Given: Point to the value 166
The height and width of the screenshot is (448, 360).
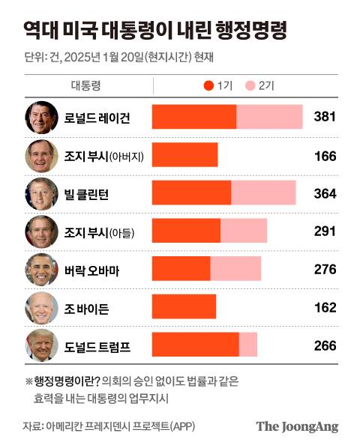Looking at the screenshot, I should point(324,156).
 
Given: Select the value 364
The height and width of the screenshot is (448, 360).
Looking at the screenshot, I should point(324,194).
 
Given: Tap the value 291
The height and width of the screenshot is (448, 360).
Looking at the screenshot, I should point(324,231).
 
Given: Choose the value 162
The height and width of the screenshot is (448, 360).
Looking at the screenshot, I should point(324,307).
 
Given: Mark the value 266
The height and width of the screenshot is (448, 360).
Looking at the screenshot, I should point(324,345).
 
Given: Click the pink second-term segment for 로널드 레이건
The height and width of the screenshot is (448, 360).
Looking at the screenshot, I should point(269,118).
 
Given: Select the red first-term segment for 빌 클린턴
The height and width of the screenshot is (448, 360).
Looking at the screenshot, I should point(191,193).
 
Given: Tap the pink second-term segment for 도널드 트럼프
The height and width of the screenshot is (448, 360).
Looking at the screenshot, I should point(248,345).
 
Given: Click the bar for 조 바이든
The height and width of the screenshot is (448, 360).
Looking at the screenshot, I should point(184,306).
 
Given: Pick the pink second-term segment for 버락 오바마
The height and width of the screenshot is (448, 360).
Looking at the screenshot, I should point(235,268).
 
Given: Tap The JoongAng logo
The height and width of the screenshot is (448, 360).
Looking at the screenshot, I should point(297,427).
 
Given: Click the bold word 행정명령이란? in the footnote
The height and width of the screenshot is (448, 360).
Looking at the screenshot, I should point(67,381).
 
